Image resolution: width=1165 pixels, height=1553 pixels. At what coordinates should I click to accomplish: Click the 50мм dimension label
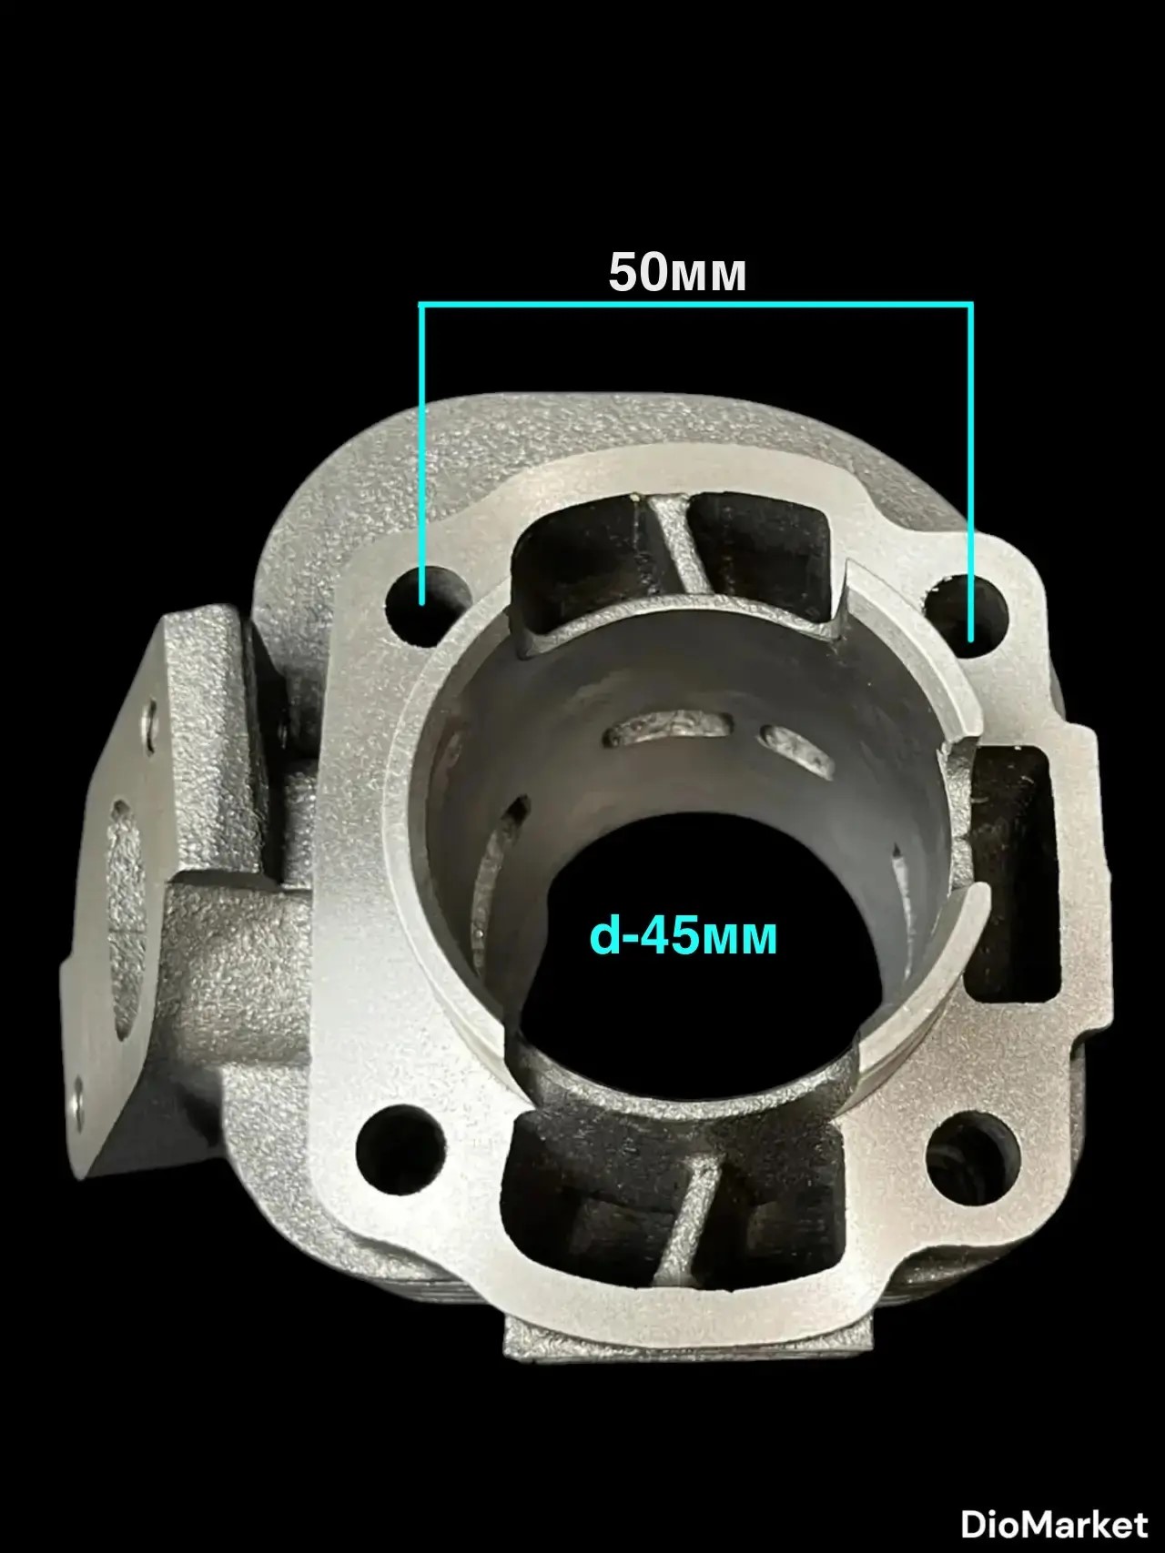[x=677, y=272]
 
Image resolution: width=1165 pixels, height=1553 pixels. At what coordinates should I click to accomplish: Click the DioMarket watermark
[x=1055, y=1523]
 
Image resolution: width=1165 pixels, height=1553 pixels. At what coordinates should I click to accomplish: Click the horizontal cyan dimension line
[x=696, y=304]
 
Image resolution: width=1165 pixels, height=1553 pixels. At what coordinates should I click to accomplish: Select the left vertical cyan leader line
[x=422, y=454]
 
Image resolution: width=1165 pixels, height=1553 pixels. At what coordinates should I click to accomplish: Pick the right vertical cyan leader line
[x=971, y=471]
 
